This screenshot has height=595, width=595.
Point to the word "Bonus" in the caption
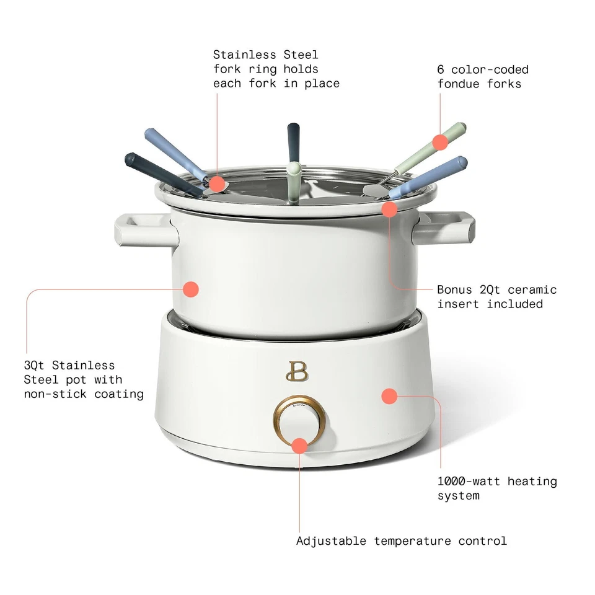[455, 289]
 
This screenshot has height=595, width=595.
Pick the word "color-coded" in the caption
[490, 69]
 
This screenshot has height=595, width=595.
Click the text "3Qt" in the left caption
[35, 365]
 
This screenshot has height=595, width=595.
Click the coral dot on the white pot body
[191, 288]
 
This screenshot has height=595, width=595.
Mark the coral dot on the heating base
[389, 395]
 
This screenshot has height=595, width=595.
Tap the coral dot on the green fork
[440, 143]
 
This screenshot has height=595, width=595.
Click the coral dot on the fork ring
[216, 183]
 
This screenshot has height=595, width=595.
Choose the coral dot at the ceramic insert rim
[389, 209]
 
